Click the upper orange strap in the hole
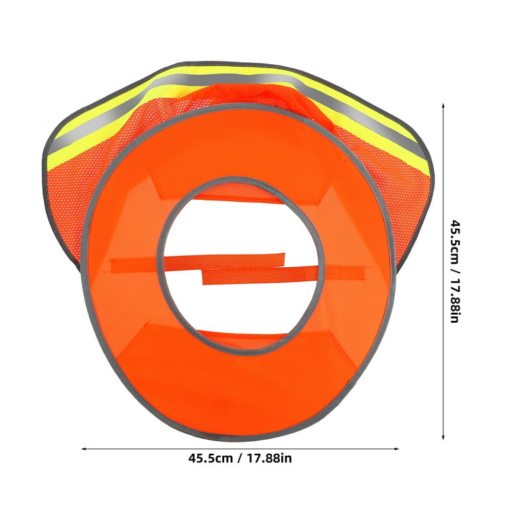pyautogui.click(x=198, y=261)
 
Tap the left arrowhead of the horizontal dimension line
pyautogui.click(x=83, y=448)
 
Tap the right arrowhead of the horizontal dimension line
pyautogui.click(x=396, y=448)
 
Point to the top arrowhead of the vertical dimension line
pyautogui.click(x=443, y=106)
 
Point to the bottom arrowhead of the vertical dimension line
pyautogui.click(x=443, y=437)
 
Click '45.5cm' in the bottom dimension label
pyautogui.click(x=210, y=458)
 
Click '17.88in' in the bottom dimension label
pyautogui.click(x=270, y=458)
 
